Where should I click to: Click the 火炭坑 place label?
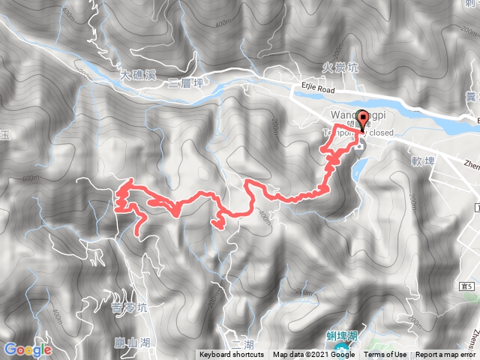click(x=344, y=67)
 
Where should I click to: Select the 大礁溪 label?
click(x=137, y=75)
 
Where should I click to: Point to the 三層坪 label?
click(x=185, y=82)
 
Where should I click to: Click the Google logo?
click(x=27, y=349)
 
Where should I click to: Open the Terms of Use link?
click(x=385, y=355)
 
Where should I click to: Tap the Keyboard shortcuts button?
click(x=232, y=355)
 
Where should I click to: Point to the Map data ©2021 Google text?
click(x=313, y=355)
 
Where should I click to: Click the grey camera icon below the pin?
click(x=358, y=144)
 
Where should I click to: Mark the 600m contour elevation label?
click(x=31, y=179)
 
